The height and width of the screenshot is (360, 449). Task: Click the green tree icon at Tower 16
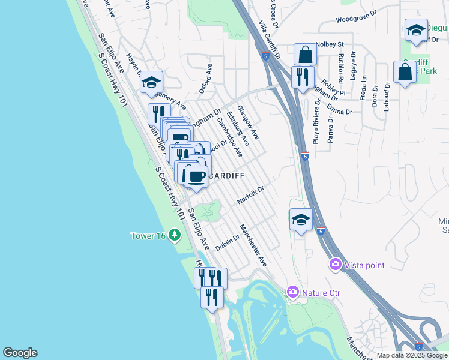pyautogui.click(x=175, y=235)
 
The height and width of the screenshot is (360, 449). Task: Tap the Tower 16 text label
pyautogui.click(x=148, y=236)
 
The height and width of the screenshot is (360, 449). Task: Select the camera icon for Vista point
pyautogui.click(x=335, y=264)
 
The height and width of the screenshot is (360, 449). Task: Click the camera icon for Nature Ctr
pyautogui.click(x=293, y=292)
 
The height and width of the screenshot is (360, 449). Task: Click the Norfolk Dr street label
pyautogui.click(x=250, y=194)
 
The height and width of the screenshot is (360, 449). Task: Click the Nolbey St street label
pyautogui.click(x=330, y=44)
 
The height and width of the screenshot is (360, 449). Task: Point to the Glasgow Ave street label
pyautogui.click(x=247, y=122)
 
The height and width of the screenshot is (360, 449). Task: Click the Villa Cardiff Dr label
pyautogui.click(x=270, y=39)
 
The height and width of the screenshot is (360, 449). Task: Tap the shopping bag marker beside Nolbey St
pyautogui.click(x=305, y=55)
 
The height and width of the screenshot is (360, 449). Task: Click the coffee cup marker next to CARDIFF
pyautogui.click(x=196, y=176)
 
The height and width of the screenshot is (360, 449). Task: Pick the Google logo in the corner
pyautogui.click(x=20, y=353)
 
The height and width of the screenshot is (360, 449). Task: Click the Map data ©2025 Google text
pyautogui.click(x=412, y=355)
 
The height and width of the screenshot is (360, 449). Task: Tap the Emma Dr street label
pyautogui.click(x=340, y=108)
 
